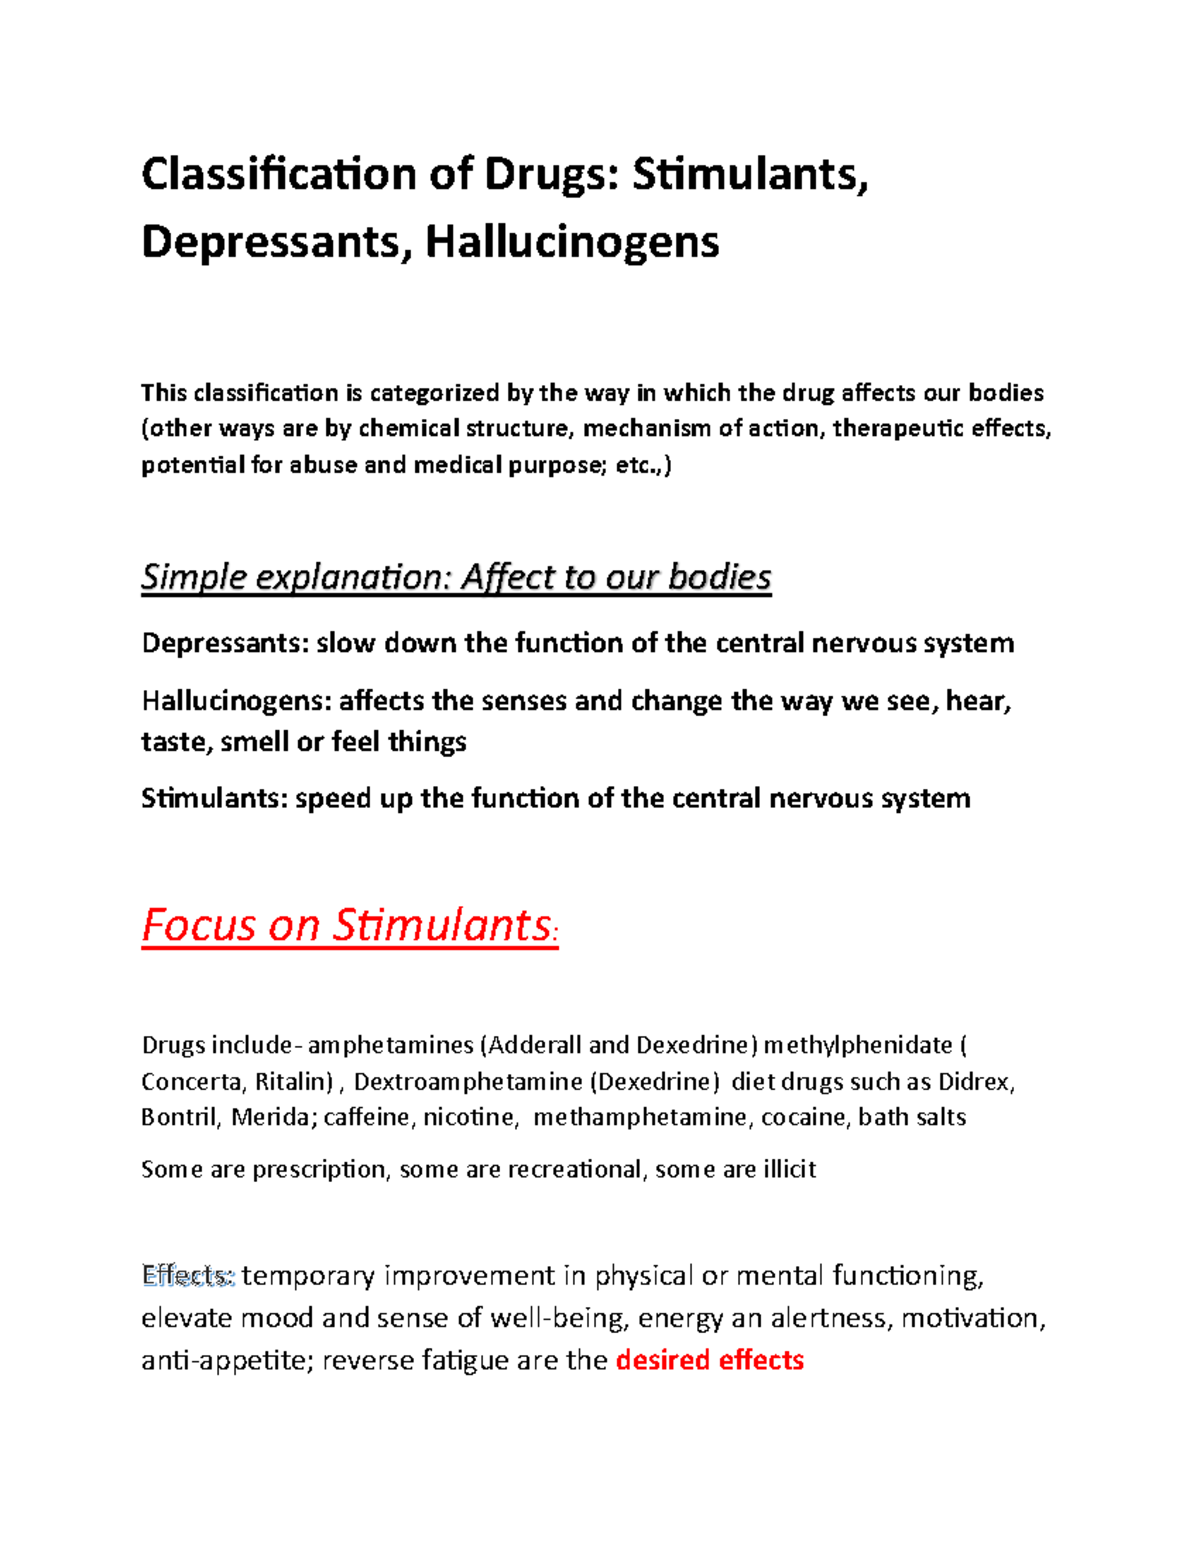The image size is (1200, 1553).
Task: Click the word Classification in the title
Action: pos(278,175)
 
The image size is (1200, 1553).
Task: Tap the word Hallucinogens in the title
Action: pos(572,242)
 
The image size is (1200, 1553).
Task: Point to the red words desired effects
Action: pos(710,1360)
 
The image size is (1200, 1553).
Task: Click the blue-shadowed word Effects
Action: pos(187,1276)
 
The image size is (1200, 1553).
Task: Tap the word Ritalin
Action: pos(292,1081)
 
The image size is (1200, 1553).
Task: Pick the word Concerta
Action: pos(191,1081)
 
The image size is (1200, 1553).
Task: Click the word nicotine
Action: pos(471,1117)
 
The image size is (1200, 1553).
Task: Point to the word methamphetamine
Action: pos(640,1117)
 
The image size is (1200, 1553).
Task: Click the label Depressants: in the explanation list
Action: pos(225,643)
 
